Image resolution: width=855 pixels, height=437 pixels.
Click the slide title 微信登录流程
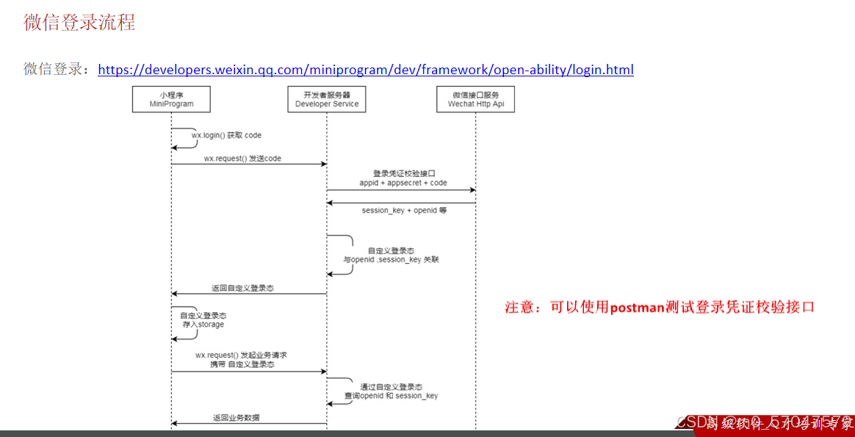click(x=79, y=22)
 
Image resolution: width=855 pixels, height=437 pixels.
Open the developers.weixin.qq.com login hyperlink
click(x=365, y=70)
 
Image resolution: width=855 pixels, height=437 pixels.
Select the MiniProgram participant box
click(x=171, y=99)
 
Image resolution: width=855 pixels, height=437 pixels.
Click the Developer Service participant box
click(x=327, y=99)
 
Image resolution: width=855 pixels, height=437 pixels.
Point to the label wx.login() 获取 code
click(x=226, y=135)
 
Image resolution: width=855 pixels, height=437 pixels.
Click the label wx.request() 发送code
click(x=242, y=158)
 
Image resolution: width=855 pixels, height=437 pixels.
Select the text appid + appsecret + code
click(x=403, y=183)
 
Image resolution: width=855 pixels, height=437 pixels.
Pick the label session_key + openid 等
click(x=404, y=210)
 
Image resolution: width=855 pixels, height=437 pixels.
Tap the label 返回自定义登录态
click(x=248, y=289)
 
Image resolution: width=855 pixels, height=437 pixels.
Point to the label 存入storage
click(x=203, y=324)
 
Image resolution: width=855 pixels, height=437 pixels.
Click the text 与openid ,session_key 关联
click(x=392, y=260)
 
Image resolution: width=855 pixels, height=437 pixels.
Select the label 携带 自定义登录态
click(x=242, y=364)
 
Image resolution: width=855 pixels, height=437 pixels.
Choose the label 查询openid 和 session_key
click(x=392, y=396)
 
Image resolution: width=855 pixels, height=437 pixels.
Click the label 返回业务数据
click(x=236, y=418)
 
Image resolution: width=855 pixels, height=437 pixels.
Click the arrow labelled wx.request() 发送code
click(x=250, y=165)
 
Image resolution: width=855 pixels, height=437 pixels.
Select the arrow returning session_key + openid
click(x=402, y=203)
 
